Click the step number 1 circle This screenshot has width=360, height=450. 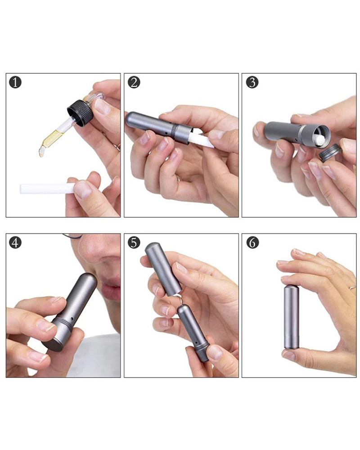pyautogui.click(x=15, y=82)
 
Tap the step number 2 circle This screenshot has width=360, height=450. pyautogui.click(x=134, y=82)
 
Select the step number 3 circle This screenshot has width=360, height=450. pyautogui.click(x=252, y=82)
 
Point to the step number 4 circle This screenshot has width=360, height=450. pyautogui.click(x=15, y=243)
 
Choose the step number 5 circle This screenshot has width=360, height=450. pyautogui.click(x=134, y=243)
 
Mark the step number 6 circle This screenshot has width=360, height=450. pyautogui.click(x=252, y=243)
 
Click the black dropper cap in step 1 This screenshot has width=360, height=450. pyautogui.click(x=81, y=113)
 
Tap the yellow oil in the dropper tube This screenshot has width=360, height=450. pyautogui.click(x=52, y=138)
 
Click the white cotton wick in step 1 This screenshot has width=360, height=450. pyautogui.click(x=46, y=189)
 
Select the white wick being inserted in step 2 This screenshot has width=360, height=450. pyautogui.click(x=201, y=138)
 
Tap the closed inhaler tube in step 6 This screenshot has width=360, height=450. pyautogui.click(x=292, y=316)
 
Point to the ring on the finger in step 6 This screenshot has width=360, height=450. pyautogui.click(x=352, y=287)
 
